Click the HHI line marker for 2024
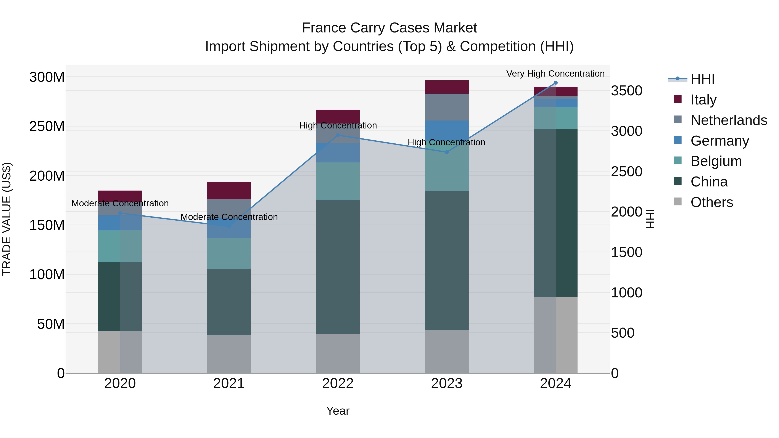click(x=555, y=83)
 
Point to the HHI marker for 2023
click(x=447, y=152)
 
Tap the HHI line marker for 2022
click(x=338, y=135)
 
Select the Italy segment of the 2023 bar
click(x=447, y=87)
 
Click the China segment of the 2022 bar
click(x=338, y=267)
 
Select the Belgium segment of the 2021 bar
click(x=229, y=254)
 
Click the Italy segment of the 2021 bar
click(x=229, y=190)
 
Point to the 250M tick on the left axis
click(x=47, y=126)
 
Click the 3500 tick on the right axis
click(x=627, y=91)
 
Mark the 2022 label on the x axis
click(x=338, y=383)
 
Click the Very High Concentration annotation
click(x=555, y=74)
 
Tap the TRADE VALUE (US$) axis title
click(x=7, y=219)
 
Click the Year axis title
click(x=338, y=411)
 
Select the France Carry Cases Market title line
click(x=389, y=28)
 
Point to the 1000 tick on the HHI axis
click(x=627, y=293)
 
